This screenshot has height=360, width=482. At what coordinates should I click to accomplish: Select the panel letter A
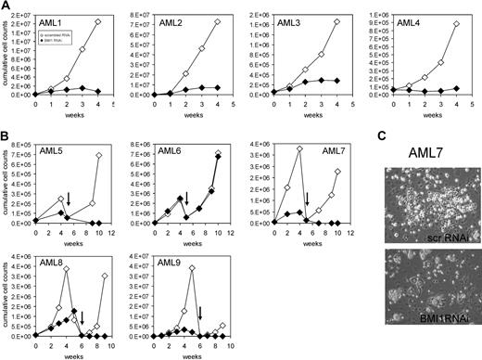pos(6,6)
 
